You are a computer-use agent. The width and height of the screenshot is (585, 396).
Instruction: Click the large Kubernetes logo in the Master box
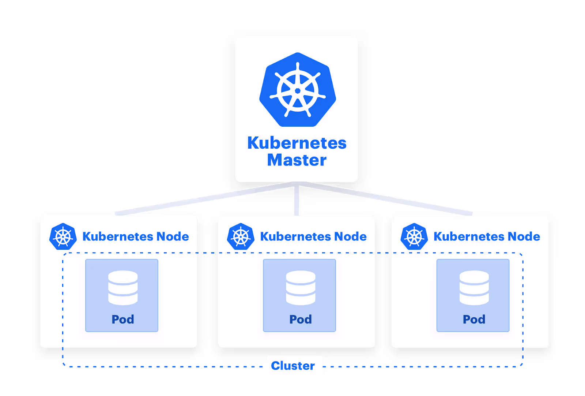pos(297,90)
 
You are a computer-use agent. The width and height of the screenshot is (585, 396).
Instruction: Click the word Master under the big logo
pos(297,160)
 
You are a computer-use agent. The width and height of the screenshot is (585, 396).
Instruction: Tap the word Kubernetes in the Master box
pos(297,143)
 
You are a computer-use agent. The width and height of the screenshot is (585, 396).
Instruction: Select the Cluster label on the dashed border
pos(293,365)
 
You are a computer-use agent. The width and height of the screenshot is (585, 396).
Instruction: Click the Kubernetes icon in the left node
pos(63,236)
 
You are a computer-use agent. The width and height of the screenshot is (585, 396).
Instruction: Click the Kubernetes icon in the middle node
pos(241,236)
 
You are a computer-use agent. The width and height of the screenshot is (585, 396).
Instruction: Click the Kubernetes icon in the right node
pos(414,236)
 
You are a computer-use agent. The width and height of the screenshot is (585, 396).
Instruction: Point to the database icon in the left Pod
pos(123,288)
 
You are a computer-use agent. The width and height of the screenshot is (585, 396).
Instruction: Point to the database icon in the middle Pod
pos(301,288)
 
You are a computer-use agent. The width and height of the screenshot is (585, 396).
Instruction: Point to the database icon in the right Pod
pos(474,288)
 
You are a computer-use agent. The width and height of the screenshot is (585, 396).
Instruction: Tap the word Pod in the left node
pos(123,320)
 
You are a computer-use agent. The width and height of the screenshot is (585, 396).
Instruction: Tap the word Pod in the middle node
pos(301,320)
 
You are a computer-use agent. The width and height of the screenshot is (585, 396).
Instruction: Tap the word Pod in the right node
pos(474,320)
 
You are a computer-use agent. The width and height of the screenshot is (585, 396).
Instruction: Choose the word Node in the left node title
pos(173,236)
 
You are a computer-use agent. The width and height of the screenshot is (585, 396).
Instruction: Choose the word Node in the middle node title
pos(350,236)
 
